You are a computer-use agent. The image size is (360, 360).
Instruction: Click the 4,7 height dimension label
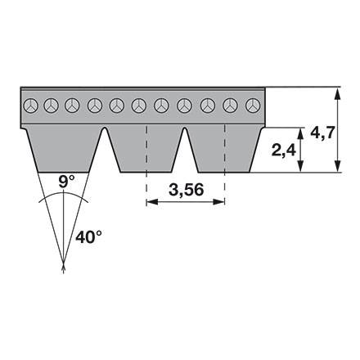coord(322,133)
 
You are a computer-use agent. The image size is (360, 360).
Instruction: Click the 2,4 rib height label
coord(283,150)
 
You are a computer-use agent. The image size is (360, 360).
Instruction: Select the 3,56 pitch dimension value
coord(186,190)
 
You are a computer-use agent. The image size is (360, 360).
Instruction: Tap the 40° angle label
coord(88,236)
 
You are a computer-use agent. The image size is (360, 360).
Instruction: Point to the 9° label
coord(66,182)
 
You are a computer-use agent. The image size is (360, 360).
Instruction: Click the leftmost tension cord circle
coord(30,106)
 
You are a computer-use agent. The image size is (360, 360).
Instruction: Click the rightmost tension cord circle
coord(253,106)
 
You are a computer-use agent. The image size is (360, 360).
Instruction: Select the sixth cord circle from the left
coord(139,106)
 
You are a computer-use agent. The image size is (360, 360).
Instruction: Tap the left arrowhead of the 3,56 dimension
coord(152,202)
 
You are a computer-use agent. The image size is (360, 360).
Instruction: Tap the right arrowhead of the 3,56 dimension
coord(218,202)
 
